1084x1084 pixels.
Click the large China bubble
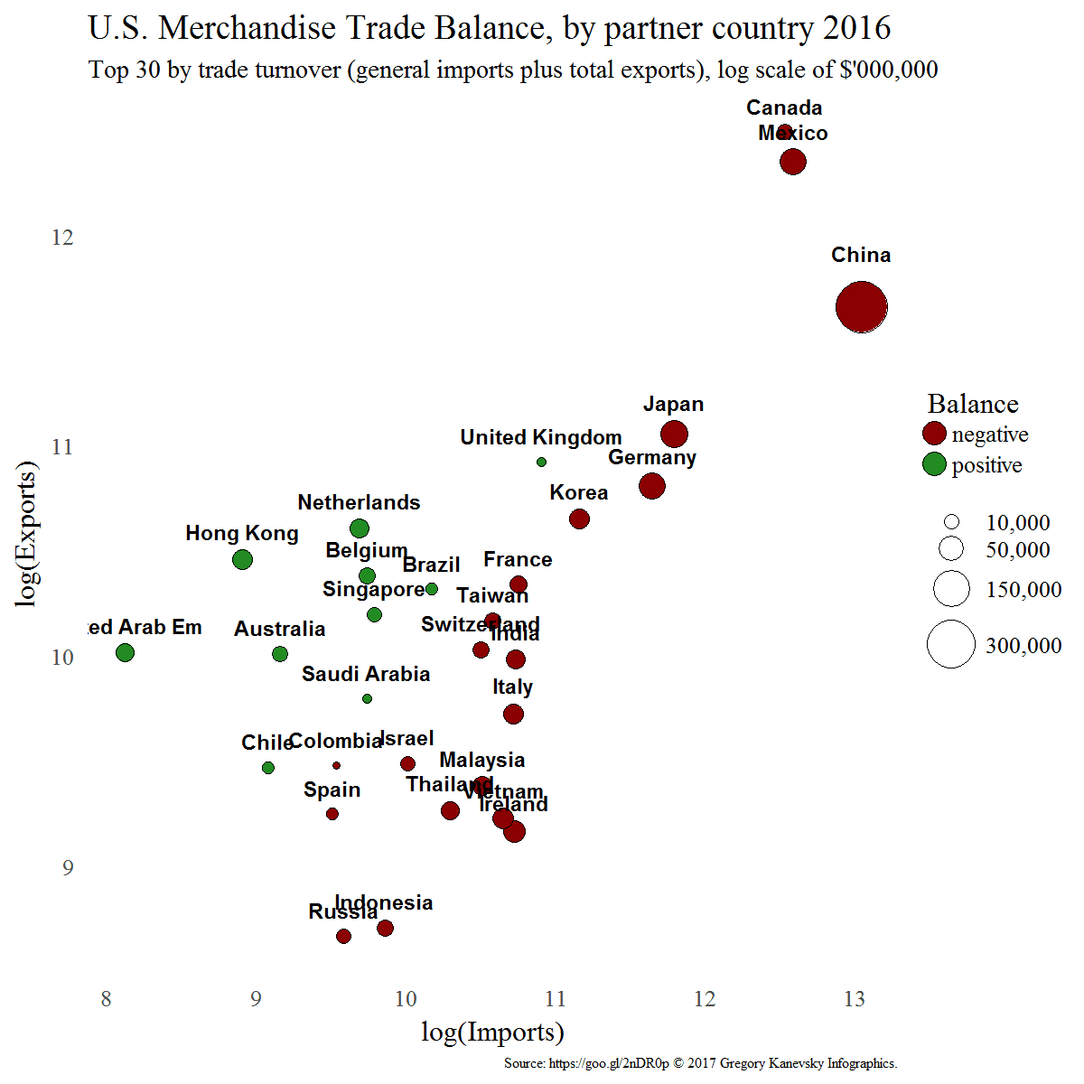[862, 307]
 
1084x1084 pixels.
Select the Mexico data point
[793, 163]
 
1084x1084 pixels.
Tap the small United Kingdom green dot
[541, 462]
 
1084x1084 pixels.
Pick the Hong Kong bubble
[242, 559]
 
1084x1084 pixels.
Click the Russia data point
[343, 936]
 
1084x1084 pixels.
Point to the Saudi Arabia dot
[367, 698]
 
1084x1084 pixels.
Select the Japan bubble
[674, 435]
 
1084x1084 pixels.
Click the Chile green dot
[268, 768]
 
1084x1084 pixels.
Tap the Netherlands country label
[359, 502]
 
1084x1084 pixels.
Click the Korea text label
[578, 492]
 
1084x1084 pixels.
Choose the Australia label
[279, 629]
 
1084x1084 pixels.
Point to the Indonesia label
[384, 902]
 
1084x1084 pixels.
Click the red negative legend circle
[934, 434]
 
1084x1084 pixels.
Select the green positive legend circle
[934, 464]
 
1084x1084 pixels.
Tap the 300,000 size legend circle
[951, 645]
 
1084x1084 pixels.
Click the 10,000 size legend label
[1017, 523]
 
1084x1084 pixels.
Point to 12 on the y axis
[62, 238]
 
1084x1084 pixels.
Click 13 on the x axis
[854, 999]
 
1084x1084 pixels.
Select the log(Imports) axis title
[492, 1033]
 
